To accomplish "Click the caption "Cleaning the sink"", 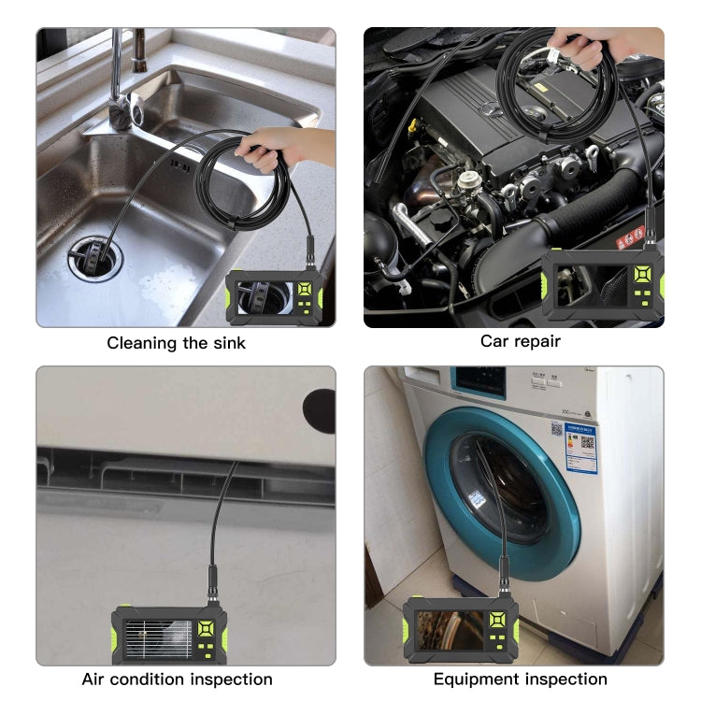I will point(176,343).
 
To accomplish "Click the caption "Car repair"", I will point(521,341).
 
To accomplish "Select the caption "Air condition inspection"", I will point(177,680).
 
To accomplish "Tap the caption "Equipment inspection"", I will point(520,680).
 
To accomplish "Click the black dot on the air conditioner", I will point(319,411).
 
